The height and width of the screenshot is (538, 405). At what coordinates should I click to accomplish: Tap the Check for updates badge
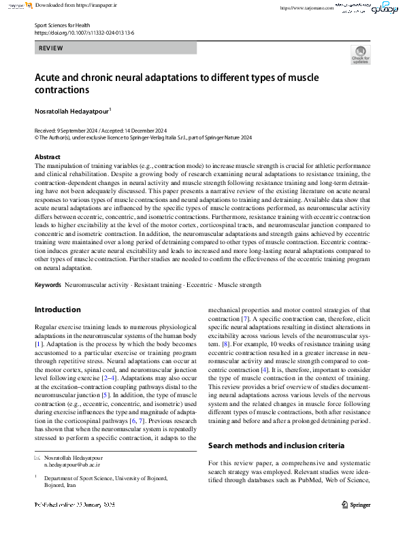(360, 55)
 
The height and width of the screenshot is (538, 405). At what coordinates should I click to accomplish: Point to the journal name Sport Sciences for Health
(63, 24)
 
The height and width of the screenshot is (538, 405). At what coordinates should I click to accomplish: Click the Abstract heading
(48, 157)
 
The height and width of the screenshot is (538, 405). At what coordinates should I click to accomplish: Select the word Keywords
(48, 285)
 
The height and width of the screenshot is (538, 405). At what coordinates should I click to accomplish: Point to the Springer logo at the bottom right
(355, 504)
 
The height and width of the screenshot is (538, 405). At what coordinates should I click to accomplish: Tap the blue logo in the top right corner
(380, 10)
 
